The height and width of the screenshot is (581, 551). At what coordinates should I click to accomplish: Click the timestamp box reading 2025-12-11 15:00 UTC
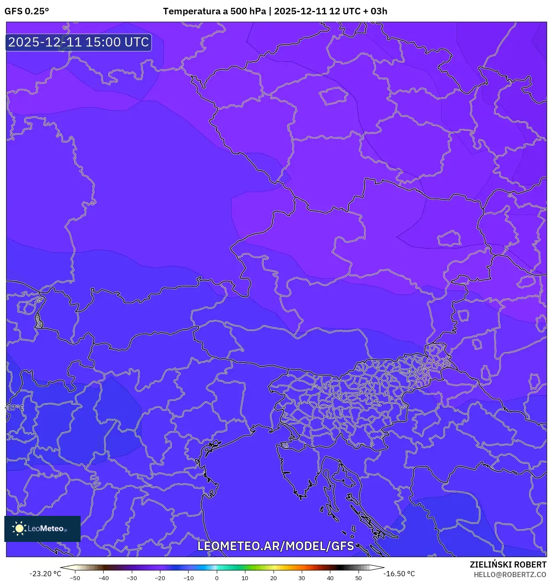[x=78, y=43]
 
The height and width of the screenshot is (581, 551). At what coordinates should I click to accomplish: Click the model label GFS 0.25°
[x=26, y=11]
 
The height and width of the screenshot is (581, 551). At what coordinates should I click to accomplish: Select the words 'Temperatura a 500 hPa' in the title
[x=214, y=11]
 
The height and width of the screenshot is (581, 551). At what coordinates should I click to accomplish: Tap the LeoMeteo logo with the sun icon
[x=42, y=528]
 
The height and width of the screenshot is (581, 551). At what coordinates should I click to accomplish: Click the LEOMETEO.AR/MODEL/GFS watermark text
[x=275, y=546]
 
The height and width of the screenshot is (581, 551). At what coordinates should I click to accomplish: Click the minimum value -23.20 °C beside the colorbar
[x=45, y=574]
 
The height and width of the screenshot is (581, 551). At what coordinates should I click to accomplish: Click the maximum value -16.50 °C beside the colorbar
[x=399, y=574]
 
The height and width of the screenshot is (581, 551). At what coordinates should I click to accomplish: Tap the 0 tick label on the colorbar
[x=217, y=578]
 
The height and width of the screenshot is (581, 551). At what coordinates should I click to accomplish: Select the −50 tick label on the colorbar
[x=75, y=578]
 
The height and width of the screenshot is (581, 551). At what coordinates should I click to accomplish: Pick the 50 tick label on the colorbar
[x=359, y=578]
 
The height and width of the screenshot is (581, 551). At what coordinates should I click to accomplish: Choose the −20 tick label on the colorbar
[x=160, y=578]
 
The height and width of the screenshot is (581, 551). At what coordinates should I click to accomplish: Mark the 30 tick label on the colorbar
[x=302, y=578]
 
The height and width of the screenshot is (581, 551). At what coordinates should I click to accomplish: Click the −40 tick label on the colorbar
[x=103, y=578]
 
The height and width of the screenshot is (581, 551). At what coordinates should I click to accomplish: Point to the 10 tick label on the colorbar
[x=245, y=578]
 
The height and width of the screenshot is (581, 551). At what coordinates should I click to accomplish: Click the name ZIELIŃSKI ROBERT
[x=508, y=564]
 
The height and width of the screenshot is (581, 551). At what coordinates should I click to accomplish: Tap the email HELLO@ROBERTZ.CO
[x=510, y=574]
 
